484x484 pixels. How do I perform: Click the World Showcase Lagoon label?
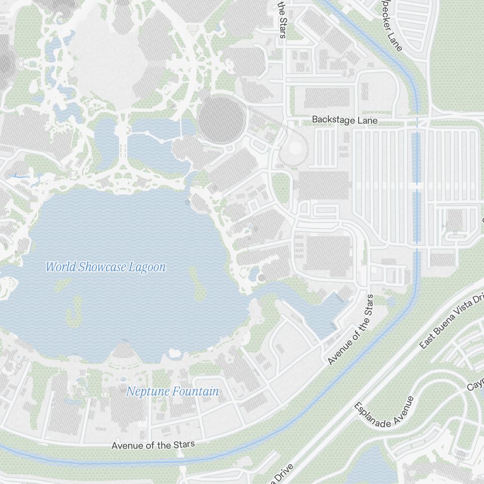(x=106, y=267)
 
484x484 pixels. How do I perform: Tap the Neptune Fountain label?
(x=172, y=392)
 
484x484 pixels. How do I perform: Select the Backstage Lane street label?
(x=345, y=120)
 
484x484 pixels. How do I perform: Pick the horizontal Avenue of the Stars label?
(x=153, y=445)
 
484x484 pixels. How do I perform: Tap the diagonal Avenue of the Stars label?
(x=351, y=330)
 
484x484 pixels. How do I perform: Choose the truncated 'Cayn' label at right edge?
(x=475, y=384)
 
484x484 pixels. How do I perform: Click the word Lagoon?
(x=147, y=267)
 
